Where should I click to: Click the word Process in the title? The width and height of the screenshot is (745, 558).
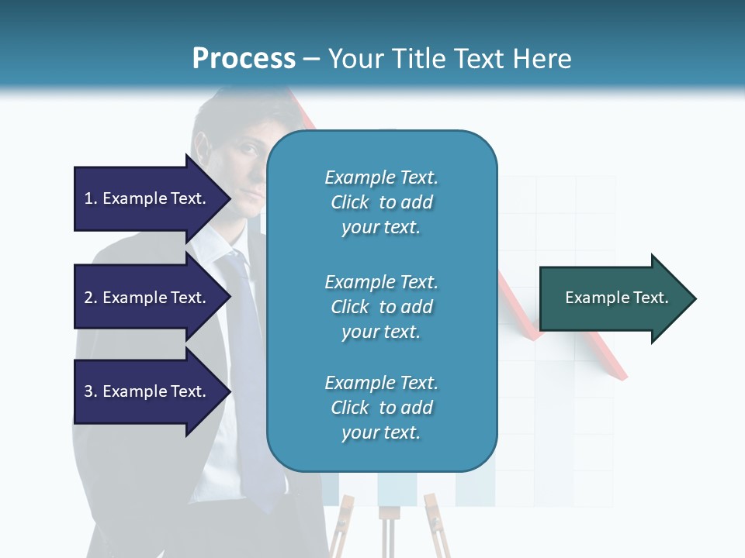(x=244, y=59)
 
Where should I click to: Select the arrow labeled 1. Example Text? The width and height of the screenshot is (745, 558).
(x=147, y=198)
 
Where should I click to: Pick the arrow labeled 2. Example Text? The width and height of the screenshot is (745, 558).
(x=147, y=298)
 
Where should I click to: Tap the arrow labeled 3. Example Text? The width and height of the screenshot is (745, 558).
(x=147, y=391)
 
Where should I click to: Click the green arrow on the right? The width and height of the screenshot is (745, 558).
(x=613, y=298)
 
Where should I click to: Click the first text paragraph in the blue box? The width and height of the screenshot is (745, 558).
(x=381, y=202)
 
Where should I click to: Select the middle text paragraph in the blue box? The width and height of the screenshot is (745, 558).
(x=381, y=306)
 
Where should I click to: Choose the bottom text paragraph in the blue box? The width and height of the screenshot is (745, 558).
(x=381, y=408)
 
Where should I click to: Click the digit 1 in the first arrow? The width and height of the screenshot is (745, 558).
(x=88, y=199)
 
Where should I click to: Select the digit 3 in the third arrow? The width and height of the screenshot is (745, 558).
(x=88, y=392)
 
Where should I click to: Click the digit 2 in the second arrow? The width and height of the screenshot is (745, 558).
(x=88, y=298)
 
